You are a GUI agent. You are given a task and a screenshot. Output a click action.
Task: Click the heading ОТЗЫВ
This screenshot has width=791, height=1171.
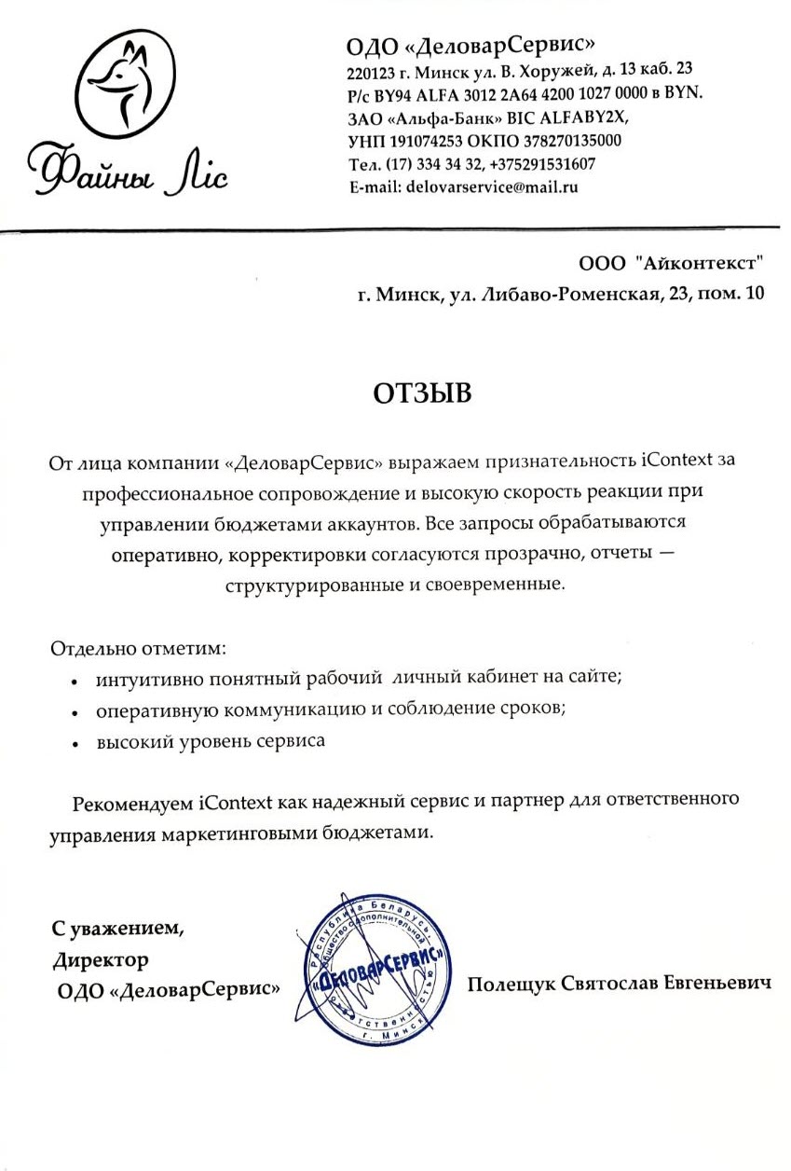pyautogui.click(x=422, y=393)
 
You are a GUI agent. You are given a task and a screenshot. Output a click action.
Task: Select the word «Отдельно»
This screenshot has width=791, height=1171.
pyautogui.click(x=92, y=646)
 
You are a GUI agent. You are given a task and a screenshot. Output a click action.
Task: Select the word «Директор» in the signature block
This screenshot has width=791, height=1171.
pyautogui.click(x=101, y=958)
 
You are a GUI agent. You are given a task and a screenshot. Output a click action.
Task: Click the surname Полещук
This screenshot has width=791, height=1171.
pyautogui.click(x=511, y=985)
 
